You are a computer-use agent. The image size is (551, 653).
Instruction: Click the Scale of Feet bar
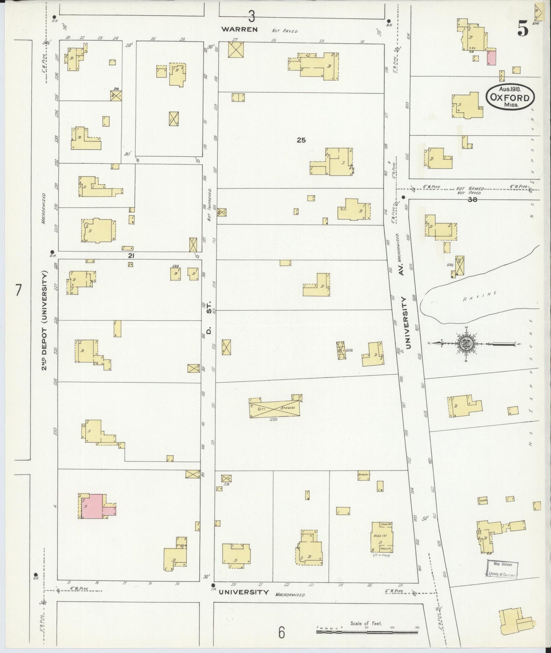pyautogui.click(x=368, y=632)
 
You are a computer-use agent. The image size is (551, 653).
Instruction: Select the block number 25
pyautogui.click(x=301, y=140)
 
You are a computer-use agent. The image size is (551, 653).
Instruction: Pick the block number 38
pyautogui.click(x=472, y=198)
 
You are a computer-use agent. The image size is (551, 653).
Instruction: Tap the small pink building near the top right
pyautogui.click(x=492, y=58)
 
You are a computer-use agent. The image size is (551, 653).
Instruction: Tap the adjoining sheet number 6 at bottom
pyautogui.click(x=281, y=633)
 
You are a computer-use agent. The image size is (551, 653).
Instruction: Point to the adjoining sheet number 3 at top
pyautogui.click(x=251, y=16)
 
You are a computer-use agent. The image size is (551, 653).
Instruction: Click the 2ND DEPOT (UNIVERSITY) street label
pyautogui.click(x=45, y=320)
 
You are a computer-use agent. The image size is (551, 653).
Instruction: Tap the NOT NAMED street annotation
pyautogui.click(x=469, y=189)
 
